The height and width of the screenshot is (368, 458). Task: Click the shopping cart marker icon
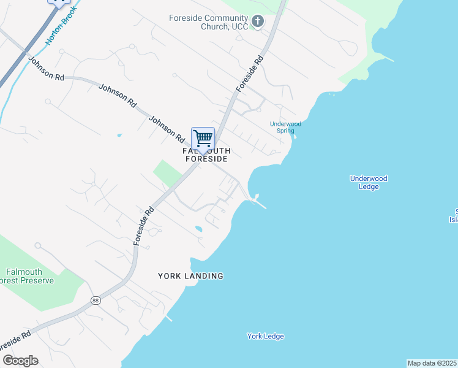[203, 139]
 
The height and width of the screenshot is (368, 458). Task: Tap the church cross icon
[258, 22]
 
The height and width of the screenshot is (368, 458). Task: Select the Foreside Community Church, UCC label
[209, 22]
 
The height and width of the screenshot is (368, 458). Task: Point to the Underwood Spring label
[285, 127]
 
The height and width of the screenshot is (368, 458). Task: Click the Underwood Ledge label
[369, 182]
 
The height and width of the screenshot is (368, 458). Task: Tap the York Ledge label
[266, 336]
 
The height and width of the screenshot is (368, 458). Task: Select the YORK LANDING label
[190, 276]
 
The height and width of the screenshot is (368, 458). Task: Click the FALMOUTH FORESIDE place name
[206, 155]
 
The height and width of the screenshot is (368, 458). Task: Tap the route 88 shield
[96, 301]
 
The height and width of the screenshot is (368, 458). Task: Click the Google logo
[20, 361]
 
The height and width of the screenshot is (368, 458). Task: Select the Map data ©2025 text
[432, 363]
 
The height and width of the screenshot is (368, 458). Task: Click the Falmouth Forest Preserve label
[30, 276]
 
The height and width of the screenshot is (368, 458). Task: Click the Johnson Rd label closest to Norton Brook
[46, 69]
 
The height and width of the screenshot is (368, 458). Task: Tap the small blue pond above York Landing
[198, 229]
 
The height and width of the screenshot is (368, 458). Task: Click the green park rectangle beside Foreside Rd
[168, 173]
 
